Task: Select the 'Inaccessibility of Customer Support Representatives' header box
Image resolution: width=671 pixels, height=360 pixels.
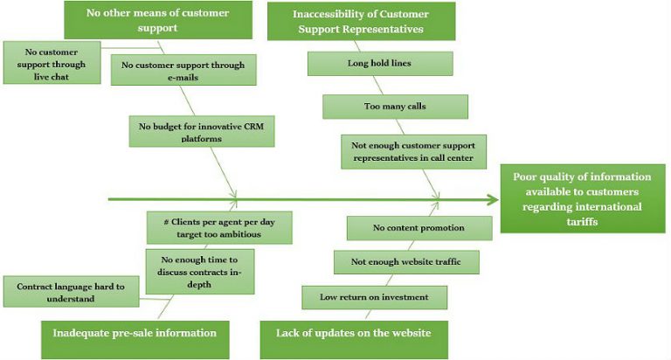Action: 361,19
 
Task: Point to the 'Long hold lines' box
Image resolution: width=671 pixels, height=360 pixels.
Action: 379,64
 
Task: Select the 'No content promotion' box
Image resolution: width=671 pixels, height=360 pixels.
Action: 406,229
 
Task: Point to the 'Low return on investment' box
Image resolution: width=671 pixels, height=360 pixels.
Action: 374,297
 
